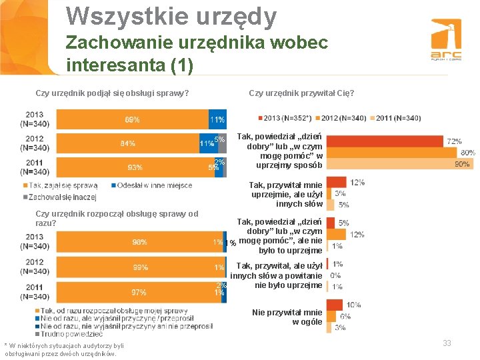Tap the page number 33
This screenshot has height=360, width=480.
click(x=447, y=343)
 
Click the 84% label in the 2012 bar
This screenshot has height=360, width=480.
click(x=128, y=143)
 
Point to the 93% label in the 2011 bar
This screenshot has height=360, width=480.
click(x=134, y=167)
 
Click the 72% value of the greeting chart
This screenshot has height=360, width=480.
click(x=454, y=141)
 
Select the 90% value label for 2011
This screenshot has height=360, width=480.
click(x=461, y=164)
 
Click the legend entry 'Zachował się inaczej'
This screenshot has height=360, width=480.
click(x=63, y=197)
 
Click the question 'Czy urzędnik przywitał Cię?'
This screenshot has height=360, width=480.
click(x=301, y=93)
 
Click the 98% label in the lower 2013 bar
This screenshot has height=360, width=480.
click(x=140, y=242)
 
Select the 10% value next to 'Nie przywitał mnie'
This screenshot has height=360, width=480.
click(x=354, y=305)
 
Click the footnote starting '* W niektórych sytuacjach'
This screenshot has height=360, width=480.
click(x=64, y=349)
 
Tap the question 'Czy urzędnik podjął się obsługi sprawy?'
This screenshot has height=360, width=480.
click(x=112, y=93)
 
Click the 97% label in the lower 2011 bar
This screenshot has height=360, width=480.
click(x=139, y=292)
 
